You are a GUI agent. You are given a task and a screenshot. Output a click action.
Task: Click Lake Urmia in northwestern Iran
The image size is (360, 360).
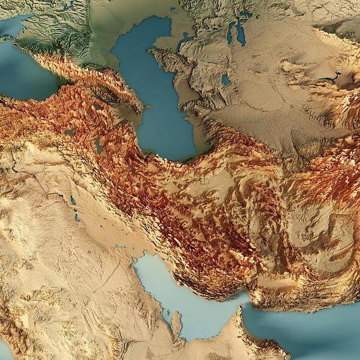point(99,146)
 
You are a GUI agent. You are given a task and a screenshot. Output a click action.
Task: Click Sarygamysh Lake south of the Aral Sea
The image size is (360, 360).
point(226,80)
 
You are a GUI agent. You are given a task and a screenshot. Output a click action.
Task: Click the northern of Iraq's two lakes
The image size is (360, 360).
point(73,201)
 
